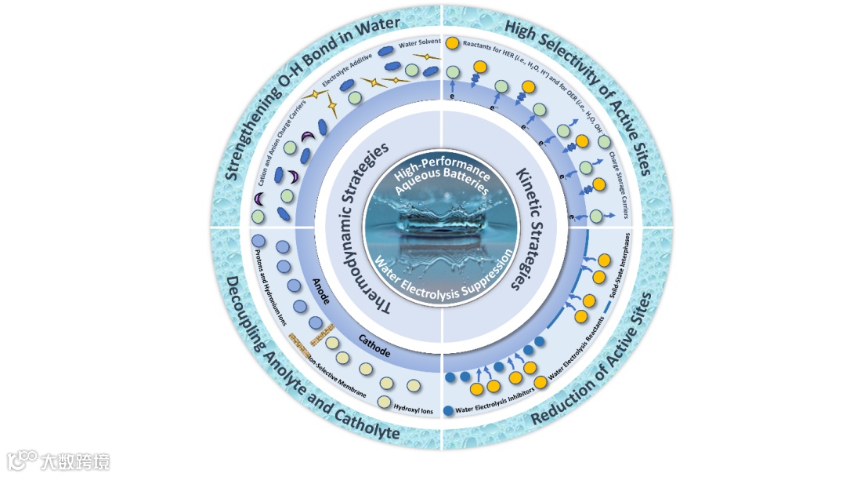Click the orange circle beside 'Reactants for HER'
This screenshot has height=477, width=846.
(452, 44)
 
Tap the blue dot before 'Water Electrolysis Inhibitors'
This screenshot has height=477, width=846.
(447, 410)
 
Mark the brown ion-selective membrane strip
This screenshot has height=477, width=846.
(307, 339)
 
